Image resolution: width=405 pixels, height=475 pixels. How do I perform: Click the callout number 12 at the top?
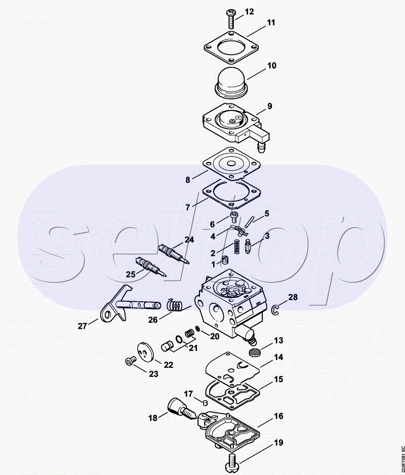tap(250, 12)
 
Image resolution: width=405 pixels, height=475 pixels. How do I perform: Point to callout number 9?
tap(270, 106)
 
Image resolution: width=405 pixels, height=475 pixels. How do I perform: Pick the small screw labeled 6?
tap(234, 218)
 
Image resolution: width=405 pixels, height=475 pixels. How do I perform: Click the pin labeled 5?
tap(249, 222)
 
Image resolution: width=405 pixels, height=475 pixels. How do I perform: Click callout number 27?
tap(83, 327)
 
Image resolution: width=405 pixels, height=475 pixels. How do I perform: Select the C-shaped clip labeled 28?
tap(276, 310)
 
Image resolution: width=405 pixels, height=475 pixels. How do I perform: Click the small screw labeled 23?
tap(131, 361)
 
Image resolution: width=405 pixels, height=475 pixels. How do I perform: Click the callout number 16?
tap(278, 416)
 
